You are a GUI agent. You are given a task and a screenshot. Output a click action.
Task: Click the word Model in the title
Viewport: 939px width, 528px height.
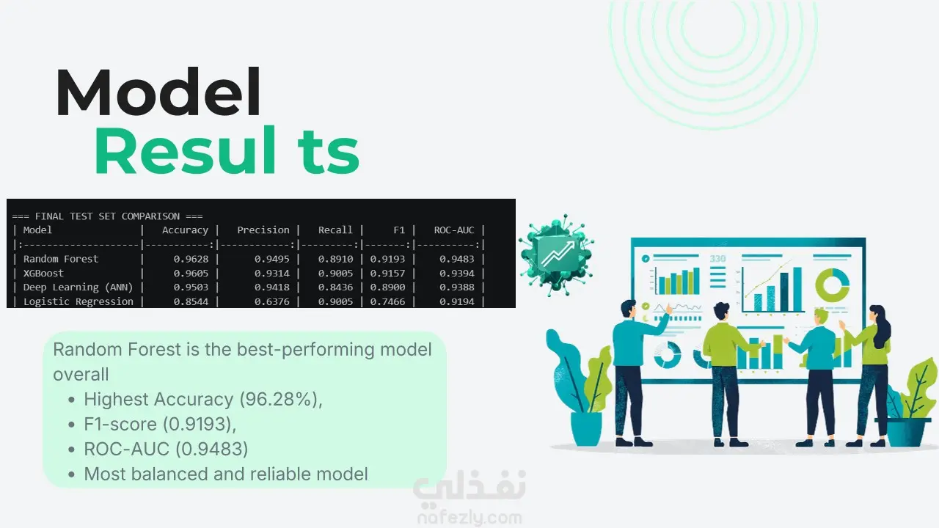(x=158, y=92)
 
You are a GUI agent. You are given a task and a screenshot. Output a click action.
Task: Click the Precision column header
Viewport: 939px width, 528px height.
(x=263, y=230)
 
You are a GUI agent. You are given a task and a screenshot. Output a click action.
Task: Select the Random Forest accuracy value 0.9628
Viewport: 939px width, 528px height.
(x=191, y=259)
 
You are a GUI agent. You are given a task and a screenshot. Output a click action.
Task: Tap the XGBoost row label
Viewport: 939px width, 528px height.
(x=43, y=274)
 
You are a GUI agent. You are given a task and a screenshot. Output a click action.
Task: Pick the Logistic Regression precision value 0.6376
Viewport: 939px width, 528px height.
(x=271, y=301)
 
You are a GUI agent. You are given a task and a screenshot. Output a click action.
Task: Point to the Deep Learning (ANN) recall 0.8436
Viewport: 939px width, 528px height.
(x=335, y=287)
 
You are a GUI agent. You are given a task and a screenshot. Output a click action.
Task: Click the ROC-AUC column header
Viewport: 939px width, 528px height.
(x=454, y=230)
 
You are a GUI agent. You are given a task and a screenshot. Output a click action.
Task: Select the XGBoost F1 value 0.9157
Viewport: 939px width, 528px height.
(x=387, y=274)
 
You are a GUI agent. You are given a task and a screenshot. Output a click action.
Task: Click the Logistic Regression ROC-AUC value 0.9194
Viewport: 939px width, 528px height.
(x=456, y=301)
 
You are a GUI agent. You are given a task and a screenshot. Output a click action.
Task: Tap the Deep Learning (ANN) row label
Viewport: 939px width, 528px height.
(x=78, y=287)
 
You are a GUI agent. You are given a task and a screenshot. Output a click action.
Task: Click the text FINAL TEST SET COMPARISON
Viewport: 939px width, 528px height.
(x=107, y=216)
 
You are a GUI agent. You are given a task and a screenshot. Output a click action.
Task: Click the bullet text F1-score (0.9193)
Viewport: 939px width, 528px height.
(x=160, y=424)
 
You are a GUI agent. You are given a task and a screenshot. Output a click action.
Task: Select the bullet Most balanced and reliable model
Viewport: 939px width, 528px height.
(x=226, y=474)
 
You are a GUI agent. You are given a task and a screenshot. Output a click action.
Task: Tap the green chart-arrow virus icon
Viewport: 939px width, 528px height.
(x=556, y=254)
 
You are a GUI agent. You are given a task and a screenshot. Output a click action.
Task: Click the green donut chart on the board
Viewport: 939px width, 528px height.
(x=832, y=285)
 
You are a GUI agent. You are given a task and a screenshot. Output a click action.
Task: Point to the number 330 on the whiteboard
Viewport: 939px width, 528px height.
(x=717, y=259)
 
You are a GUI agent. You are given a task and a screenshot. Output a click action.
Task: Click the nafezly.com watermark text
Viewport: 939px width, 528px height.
(x=469, y=518)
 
